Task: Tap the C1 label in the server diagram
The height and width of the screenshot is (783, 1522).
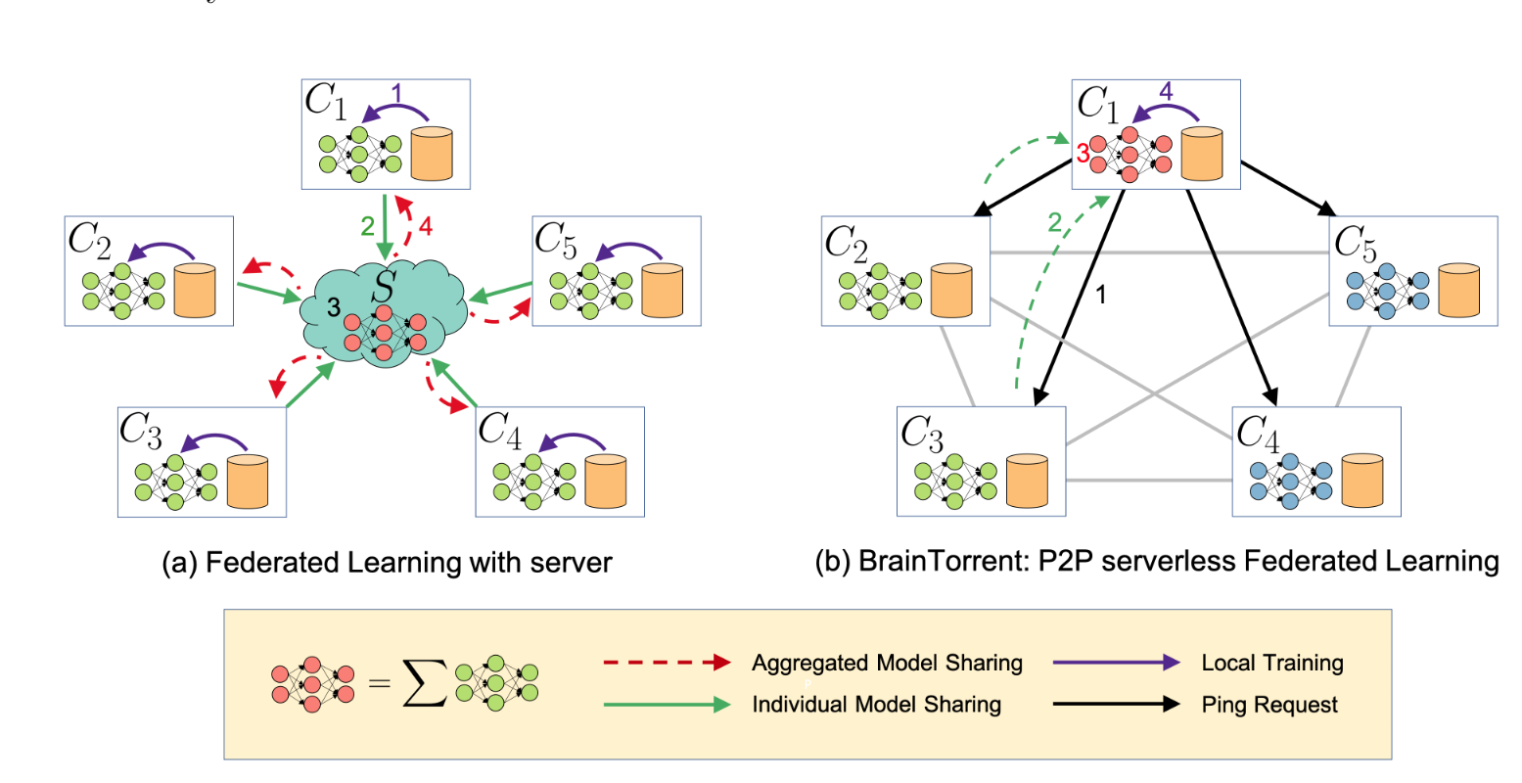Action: coord(326,101)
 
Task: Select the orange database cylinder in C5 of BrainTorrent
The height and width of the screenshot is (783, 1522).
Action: coord(1458,290)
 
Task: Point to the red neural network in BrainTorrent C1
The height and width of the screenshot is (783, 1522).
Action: coord(1129,155)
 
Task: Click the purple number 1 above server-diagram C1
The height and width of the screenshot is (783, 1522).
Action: coord(396,94)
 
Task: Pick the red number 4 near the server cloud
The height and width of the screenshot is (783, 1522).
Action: coord(425,227)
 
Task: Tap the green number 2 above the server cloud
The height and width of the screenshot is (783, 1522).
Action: coord(367,227)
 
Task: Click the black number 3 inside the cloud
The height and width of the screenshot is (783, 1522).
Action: coord(334,308)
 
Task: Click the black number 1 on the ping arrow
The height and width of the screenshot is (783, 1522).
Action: coord(1100,294)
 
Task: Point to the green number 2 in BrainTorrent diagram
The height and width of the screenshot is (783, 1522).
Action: coord(1054,224)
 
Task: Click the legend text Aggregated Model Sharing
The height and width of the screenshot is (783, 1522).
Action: coord(887,663)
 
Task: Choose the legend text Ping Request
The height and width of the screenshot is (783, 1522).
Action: coord(1269,705)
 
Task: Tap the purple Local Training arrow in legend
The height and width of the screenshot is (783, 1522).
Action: coord(1116,663)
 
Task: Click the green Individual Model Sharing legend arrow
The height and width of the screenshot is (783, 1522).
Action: coord(667,705)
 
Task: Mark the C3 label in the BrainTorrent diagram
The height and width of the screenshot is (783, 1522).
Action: coord(921,433)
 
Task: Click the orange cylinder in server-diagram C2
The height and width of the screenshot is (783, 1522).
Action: coord(194,290)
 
